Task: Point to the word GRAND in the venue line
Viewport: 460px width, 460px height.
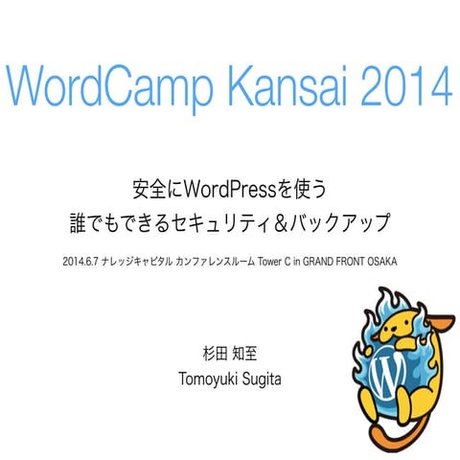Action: tap(333, 260)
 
